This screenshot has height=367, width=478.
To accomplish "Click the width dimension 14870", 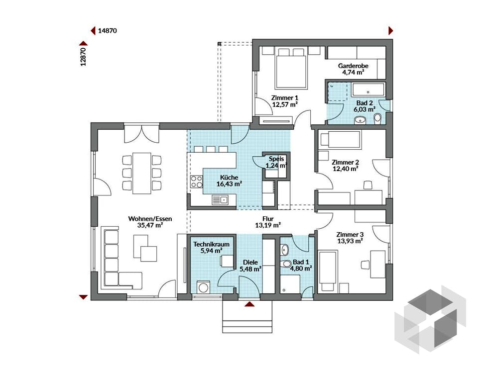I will [x=108, y=31].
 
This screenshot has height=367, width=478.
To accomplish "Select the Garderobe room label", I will [x=351, y=66].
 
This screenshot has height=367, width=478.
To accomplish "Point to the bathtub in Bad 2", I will [x=369, y=91].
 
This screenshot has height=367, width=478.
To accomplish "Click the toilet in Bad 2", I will [x=377, y=118].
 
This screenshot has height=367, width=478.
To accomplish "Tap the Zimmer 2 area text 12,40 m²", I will [x=346, y=169].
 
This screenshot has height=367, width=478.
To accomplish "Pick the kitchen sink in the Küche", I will [x=219, y=200].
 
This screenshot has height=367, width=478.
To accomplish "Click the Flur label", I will [x=268, y=218].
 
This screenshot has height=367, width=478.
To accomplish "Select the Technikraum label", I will [x=208, y=245].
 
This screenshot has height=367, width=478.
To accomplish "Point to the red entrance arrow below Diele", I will [x=249, y=304].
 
